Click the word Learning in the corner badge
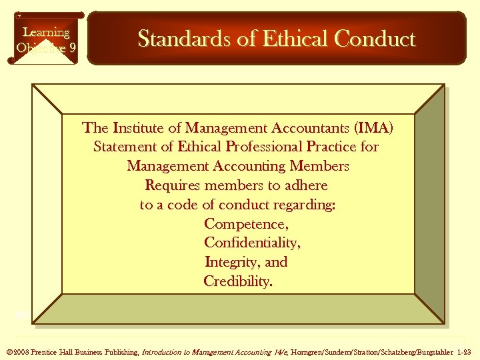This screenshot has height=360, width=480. point(46,32)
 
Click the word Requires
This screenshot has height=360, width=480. point(172,185)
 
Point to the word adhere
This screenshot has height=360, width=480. point(305,185)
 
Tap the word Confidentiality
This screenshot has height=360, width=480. point(252,243)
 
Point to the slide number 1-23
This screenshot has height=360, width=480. point(463,351)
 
